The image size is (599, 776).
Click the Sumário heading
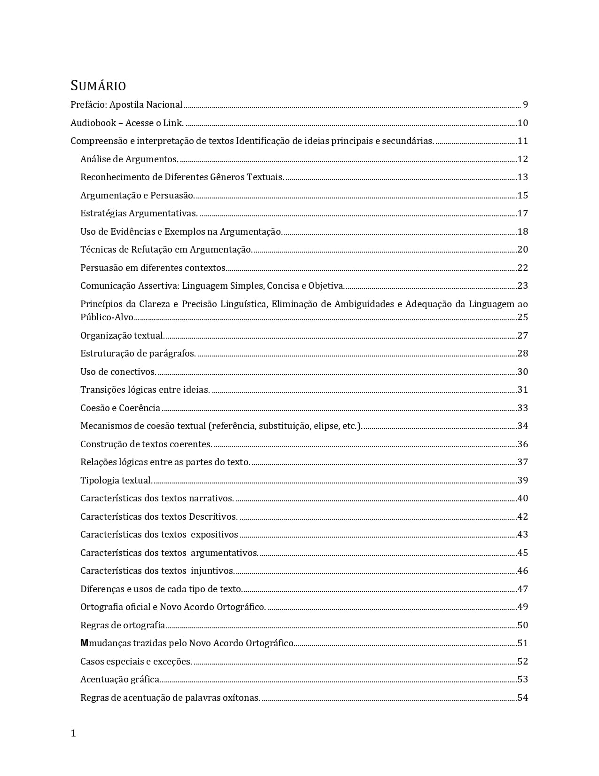pyautogui.click(x=98, y=86)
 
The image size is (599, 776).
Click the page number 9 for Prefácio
pyautogui.click(x=525, y=104)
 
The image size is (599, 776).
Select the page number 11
pyautogui.click(x=522, y=141)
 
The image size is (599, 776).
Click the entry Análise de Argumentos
pyautogui.click(x=129, y=159)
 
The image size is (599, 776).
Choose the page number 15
pyautogui.click(x=522, y=195)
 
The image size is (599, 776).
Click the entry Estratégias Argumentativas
pyautogui.click(x=139, y=213)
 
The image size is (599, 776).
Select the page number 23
pyautogui.click(x=522, y=285)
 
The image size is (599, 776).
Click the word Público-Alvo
pyautogui.click(x=107, y=317)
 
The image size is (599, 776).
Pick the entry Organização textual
pyautogui.click(x=122, y=335)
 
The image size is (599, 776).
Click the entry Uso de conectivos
pyautogui.click(x=118, y=372)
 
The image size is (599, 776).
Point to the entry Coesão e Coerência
pyautogui.click(x=120, y=408)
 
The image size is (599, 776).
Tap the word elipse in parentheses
pyautogui.click(x=326, y=426)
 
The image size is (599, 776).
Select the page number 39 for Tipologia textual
pyautogui.click(x=522, y=480)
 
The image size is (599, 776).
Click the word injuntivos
pyautogui.click(x=212, y=570)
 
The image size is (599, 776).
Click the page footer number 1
pyautogui.click(x=73, y=733)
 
